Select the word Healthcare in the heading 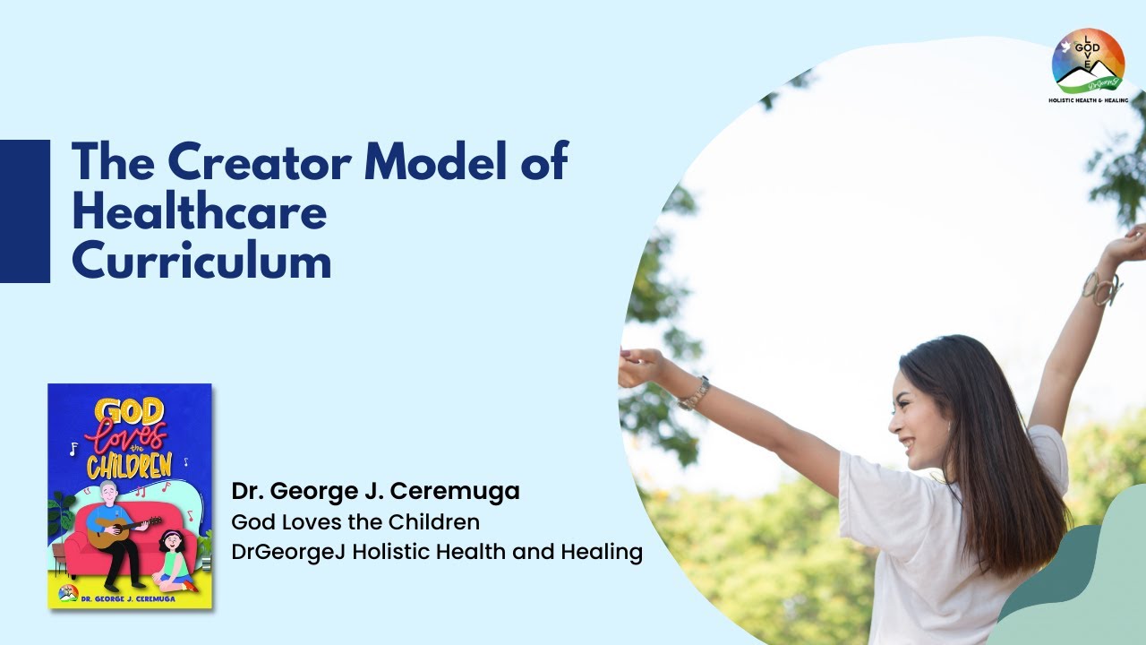tap(199, 212)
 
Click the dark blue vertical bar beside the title tap(24, 211)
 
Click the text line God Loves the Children tap(355, 521)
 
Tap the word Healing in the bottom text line tap(602, 552)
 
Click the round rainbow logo tap(1088, 60)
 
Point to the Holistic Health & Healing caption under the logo tap(1088, 100)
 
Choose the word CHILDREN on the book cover tap(129, 466)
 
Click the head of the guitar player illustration tap(109, 494)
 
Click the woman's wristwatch tap(694, 393)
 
